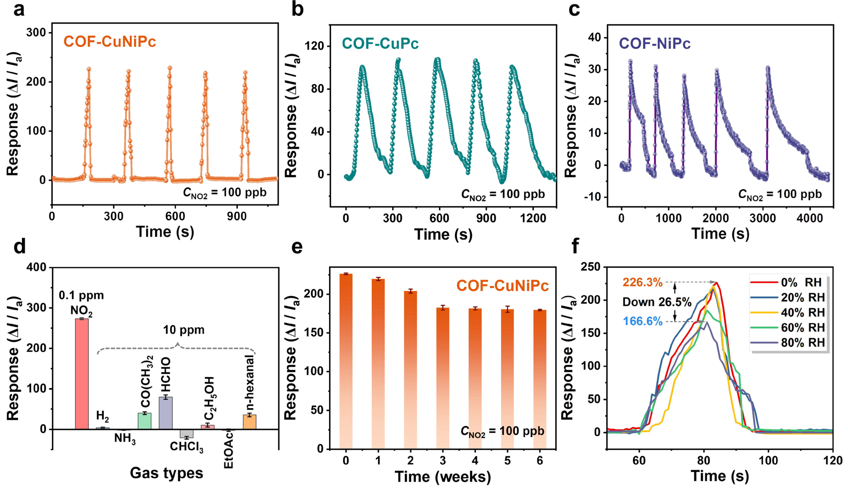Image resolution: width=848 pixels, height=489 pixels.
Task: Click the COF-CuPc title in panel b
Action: pyautogui.click(x=380, y=44)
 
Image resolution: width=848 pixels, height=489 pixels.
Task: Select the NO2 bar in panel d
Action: pyautogui.click(x=82, y=373)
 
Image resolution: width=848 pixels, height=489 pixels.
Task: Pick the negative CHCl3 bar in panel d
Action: pyautogui.click(x=186, y=433)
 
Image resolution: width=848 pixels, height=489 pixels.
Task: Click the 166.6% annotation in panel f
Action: pyautogui.click(x=643, y=322)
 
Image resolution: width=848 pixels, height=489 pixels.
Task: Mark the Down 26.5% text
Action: pyautogui.click(x=656, y=302)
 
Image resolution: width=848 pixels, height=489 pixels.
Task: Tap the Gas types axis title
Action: pyautogui.click(x=166, y=473)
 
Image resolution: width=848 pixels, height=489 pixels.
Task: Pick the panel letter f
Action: pyautogui.click(x=575, y=246)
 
